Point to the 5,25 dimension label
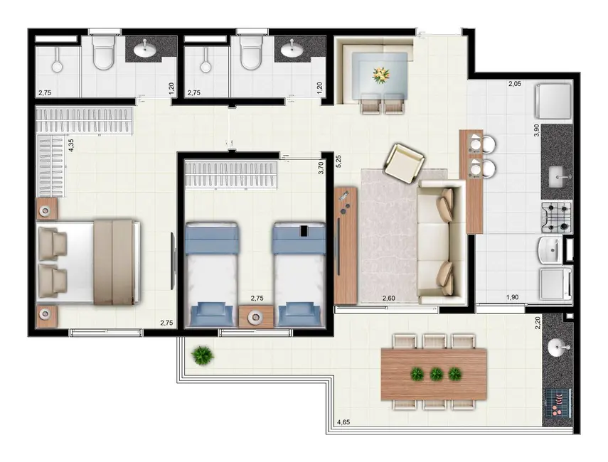(339, 161)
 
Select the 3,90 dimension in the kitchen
(535, 131)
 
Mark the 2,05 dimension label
(515, 84)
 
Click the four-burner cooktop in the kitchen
(556, 217)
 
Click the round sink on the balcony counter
(558, 347)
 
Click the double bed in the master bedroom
(89, 262)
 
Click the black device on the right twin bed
(304, 231)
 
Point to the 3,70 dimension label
(321, 168)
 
